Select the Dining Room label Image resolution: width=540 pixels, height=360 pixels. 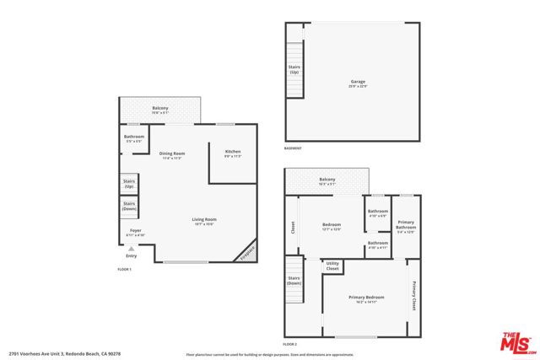(x=171, y=154)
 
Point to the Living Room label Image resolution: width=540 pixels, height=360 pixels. (x=203, y=221)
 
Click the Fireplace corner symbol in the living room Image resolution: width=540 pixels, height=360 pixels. (x=246, y=253)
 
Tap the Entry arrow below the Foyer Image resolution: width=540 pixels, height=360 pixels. (x=131, y=250)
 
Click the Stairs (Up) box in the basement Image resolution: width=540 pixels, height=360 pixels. (x=294, y=71)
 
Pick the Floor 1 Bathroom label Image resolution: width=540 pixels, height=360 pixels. (x=134, y=137)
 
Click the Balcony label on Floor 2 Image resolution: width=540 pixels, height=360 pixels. (x=327, y=180)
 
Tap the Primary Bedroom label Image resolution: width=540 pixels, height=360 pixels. (x=366, y=298)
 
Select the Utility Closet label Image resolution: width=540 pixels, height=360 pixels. (x=332, y=266)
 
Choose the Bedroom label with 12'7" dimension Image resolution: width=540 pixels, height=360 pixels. (x=332, y=226)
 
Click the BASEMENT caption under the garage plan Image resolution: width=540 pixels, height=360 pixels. (x=294, y=148)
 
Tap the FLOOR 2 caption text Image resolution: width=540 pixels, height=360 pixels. (x=290, y=345)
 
